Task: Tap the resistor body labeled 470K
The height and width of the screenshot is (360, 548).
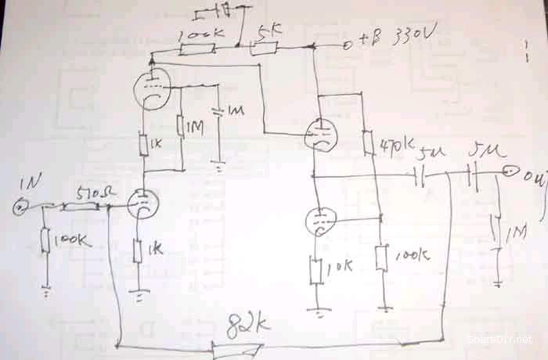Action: click(367, 142)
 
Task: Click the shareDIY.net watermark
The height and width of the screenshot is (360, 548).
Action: click(499, 339)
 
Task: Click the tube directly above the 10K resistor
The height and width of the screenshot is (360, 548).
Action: click(318, 220)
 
